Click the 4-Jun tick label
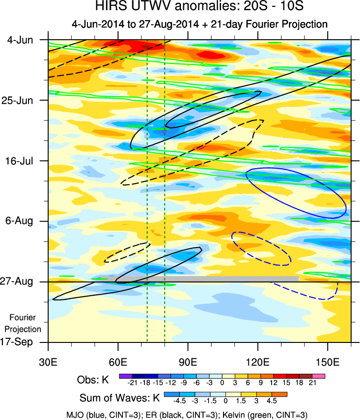pyautogui.click(x=20, y=40)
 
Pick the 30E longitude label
pyautogui.click(x=49, y=362)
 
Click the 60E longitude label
pyautogui.click(x=118, y=362)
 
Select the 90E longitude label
pyautogui.click(x=188, y=362)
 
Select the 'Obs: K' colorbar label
pyautogui.click(x=93, y=380)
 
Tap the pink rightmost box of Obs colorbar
pyautogui.click(x=319, y=375)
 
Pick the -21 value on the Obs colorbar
pyautogui.click(x=132, y=383)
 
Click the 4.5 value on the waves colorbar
pyautogui.click(x=271, y=401)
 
